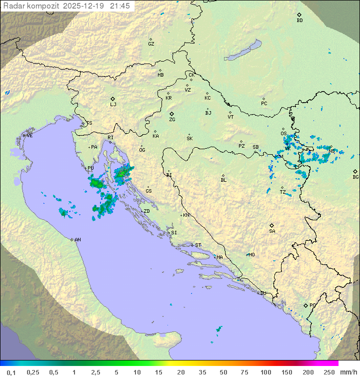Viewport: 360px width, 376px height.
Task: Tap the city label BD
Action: click(x=299, y=21)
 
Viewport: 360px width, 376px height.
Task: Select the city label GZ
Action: click(x=151, y=44)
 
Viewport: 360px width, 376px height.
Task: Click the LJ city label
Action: click(x=113, y=104)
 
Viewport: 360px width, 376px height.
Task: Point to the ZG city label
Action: click(x=172, y=120)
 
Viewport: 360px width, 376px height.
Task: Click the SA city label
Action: click(x=272, y=231)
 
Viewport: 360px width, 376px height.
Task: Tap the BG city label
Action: click(x=355, y=177)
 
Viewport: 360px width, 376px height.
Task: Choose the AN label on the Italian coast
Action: click(x=77, y=240)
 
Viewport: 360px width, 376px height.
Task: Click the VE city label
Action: click(x=29, y=136)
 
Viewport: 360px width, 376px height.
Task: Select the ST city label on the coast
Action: click(x=198, y=245)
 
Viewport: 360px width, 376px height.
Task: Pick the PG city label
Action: click(x=312, y=305)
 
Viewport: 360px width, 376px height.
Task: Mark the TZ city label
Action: click(x=283, y=192)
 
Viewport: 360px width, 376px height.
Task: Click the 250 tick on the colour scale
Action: click(x=329, y=371)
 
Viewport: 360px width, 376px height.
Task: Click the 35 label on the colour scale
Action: click(x=202, y=371)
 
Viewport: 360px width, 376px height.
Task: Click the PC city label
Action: click(x=264, y=104)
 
